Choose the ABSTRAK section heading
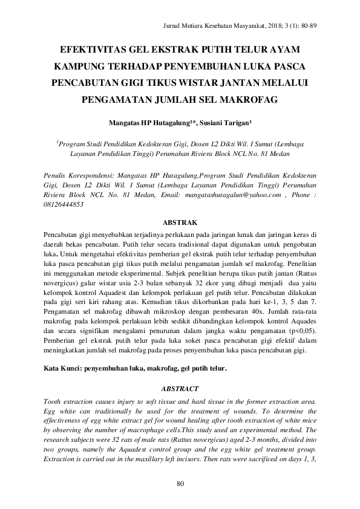click(x=180, y=222)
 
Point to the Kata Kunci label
click(x=64, y=368)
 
